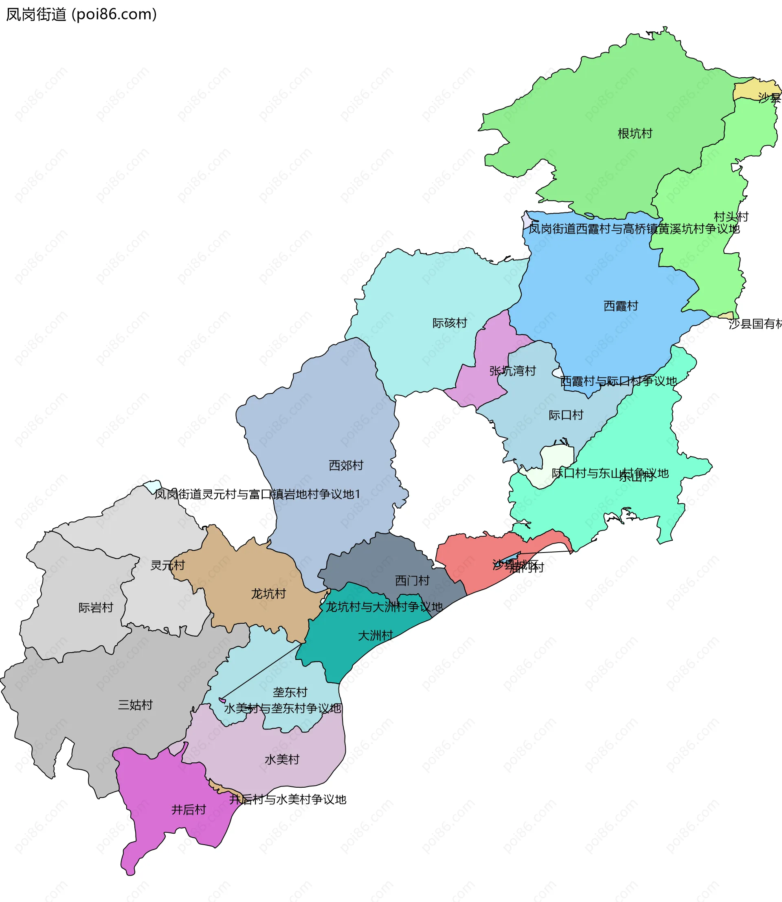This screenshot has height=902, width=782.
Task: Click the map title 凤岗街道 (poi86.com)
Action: (81, 15)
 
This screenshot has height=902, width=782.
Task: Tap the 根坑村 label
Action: (635, 134)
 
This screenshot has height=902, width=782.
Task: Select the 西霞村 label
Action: (621, 306)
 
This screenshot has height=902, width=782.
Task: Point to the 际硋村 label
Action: (450, 323)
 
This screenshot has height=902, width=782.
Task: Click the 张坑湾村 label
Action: (512, 371)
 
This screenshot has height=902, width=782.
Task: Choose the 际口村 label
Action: (566, 415)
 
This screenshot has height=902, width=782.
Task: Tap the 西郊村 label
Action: (346, 465)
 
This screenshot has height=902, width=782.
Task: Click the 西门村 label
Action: (412, 581)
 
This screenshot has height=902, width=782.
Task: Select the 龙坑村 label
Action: (268, 594)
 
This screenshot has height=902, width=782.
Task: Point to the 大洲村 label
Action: (375, 636)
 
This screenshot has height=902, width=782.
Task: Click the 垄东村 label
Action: (290, 692)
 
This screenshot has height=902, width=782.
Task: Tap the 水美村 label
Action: (282, 760)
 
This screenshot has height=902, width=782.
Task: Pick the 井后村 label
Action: (189, 810)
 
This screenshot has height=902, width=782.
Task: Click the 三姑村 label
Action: (135, 705)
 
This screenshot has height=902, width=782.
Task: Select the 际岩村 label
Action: (96, 608)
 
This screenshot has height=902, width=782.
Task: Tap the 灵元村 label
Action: (167, 566)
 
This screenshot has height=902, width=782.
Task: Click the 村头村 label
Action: (731, 217)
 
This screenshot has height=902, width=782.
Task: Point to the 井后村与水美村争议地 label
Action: (288, 799)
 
